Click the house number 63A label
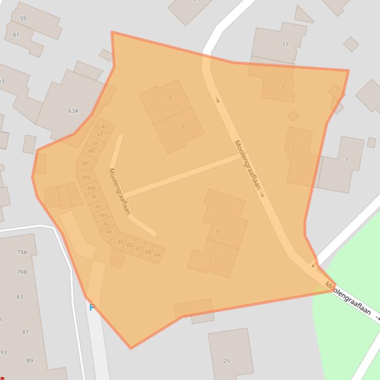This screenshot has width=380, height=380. click(x=73, y=111)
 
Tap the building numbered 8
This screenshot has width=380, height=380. click(x=170, y=97)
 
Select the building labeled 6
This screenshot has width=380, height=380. click(x=184, y=127)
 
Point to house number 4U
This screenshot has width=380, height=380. click(x=104, y=127)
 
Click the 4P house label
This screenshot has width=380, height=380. click(x=85, y=163)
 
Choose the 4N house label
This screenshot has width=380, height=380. click(x=86, y=178)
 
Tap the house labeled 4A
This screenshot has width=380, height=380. click(x=157, y=255)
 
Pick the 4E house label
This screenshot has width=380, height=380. click(x=121, y=242)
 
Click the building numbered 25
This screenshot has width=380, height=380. click(x=227, y=361)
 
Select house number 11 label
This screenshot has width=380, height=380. click(x=285, y=44)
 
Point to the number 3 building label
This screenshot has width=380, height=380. click(x=283, y=88)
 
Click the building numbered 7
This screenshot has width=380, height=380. click(x=346, y=160)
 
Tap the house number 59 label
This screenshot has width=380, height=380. click(x=23, y=19)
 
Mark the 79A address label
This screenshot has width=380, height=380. click(x=22, y=252)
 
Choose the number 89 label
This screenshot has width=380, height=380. click(x=30, y=361)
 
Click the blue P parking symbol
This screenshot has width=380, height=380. click(x=92, y=308)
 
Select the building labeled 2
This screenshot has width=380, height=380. click(x=211, y=259)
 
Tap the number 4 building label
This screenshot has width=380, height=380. click(x=217, y=231)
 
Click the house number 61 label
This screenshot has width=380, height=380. click(x=16, y=35)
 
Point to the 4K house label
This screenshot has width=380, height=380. click(x=98, y=206)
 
